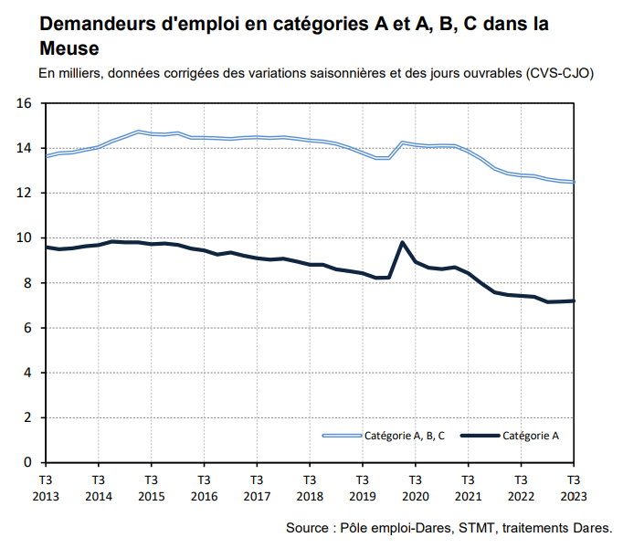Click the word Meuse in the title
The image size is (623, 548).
[69, 47]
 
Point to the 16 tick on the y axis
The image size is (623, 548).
[24, 103]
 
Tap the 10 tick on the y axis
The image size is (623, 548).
[24, 237]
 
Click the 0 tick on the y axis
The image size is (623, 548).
[27, 462]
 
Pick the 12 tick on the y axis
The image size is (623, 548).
[24, 193]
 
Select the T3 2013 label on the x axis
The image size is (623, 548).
[46, 487]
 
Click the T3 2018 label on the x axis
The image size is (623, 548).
[309, 487]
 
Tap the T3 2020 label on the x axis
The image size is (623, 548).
[415, 487]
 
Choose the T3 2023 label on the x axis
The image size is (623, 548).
[573, 487]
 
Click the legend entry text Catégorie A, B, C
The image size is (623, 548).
[405, 436]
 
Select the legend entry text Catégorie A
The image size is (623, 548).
[531, 436]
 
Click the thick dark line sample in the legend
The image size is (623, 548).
[480, 436]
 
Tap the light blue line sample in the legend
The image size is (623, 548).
[343, 436]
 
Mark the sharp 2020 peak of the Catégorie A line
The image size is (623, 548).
[403, 242]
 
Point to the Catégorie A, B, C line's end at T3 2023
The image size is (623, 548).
[573, 182]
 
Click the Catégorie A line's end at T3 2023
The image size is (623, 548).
[573, 300]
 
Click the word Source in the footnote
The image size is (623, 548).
[307, 528]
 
